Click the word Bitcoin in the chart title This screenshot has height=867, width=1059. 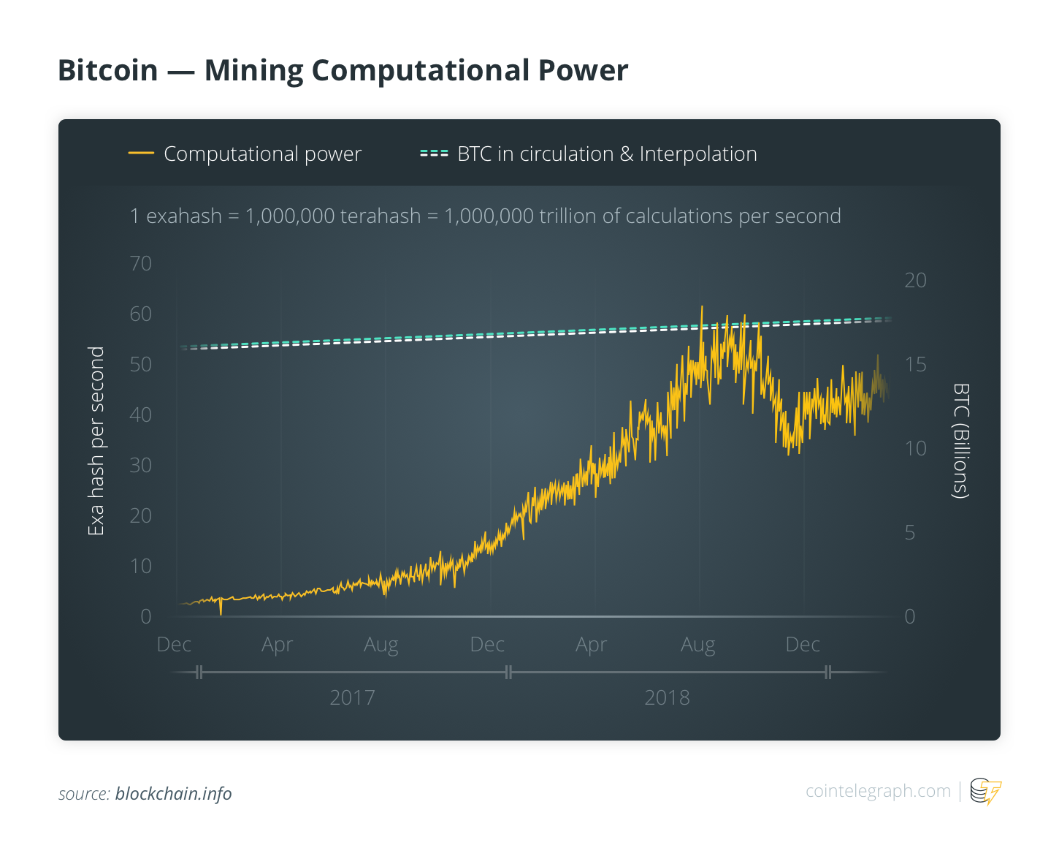pyautogui.click(x=108, y=70)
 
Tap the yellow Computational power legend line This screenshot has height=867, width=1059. pyautogui.click(x=141, y=154)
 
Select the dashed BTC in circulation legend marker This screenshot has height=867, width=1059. pyautogui.click(x=434, y=154)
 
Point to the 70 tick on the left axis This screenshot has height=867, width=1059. pyautogui.click(x=141, y=263)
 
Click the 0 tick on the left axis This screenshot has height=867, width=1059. pyautogui.click(x=146, y=616)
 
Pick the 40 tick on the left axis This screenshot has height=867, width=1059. pyautogui.click(x=141, y=414)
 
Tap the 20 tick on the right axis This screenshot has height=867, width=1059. pyautogui.click(x=915, y=280)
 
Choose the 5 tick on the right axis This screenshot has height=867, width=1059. pyautogui.click(x=910, y=532)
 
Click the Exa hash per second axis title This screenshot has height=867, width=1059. pyautogui.click(x=96, y=440)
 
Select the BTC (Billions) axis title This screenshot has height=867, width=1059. pyautogui.click(x=961, y=440)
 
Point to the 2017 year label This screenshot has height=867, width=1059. pyautogui.click(x=352, y=697)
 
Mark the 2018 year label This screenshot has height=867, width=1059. pyautogui.click(x=667, y=697)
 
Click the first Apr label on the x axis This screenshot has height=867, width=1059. pyautogui.click(x=278, y=645)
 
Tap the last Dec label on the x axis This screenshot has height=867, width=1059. pyautogui.click(x=803, y=644)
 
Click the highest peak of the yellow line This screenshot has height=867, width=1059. pyautogui.click(x=701, y=306)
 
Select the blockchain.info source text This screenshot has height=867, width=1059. pyautogui.click(x=173, y=794)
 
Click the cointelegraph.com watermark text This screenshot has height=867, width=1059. pyautogui.click(x=878, y=790)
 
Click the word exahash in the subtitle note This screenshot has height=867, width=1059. pyautogui.click(x=184, y=216)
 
